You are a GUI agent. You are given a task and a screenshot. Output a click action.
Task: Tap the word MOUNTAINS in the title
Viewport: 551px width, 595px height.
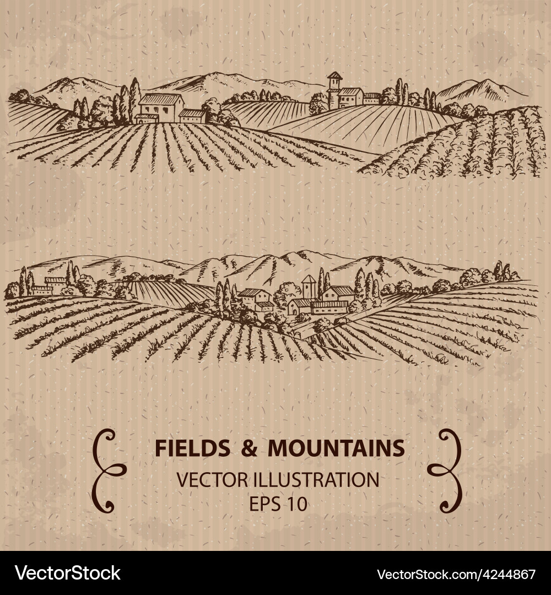(336, 448)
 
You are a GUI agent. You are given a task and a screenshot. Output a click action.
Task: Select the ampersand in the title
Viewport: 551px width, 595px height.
(249, 448)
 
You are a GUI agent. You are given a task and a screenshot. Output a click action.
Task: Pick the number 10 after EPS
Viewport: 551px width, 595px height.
(296, 504)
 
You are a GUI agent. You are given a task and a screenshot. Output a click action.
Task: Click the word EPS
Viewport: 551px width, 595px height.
(262, 504)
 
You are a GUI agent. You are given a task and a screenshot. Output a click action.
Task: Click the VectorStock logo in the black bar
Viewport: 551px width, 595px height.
(68, 574)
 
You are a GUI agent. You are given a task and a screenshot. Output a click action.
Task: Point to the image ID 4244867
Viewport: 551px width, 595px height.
(508, 574)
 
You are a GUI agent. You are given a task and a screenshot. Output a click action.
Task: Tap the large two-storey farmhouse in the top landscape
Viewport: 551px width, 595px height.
(160, 108)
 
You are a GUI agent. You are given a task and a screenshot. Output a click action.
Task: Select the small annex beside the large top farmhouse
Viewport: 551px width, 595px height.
(192, 116)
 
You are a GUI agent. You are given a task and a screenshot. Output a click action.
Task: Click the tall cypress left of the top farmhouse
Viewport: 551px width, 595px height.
(133, 99)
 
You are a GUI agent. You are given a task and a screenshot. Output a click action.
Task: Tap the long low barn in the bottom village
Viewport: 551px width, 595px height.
(329, 307)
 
